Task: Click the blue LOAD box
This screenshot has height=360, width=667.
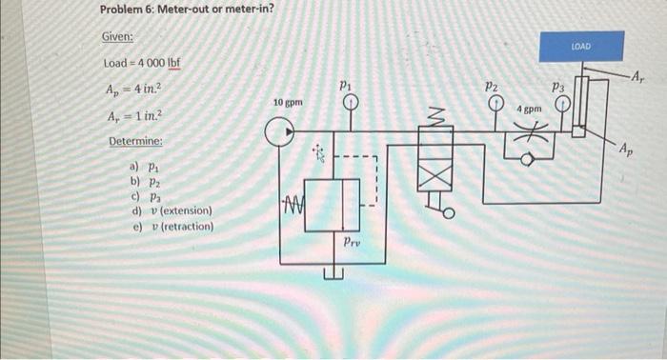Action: click(580, 46)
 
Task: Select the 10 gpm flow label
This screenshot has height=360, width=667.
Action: click(289, 101)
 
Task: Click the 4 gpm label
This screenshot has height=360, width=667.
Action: click(530, 110)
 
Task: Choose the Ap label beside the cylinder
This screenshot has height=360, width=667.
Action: click(623, 149)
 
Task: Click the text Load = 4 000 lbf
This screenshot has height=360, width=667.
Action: click(142, 63)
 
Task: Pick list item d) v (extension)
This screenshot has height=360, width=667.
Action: click(171, 210)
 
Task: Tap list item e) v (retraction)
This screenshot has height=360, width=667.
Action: click(172, 227)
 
